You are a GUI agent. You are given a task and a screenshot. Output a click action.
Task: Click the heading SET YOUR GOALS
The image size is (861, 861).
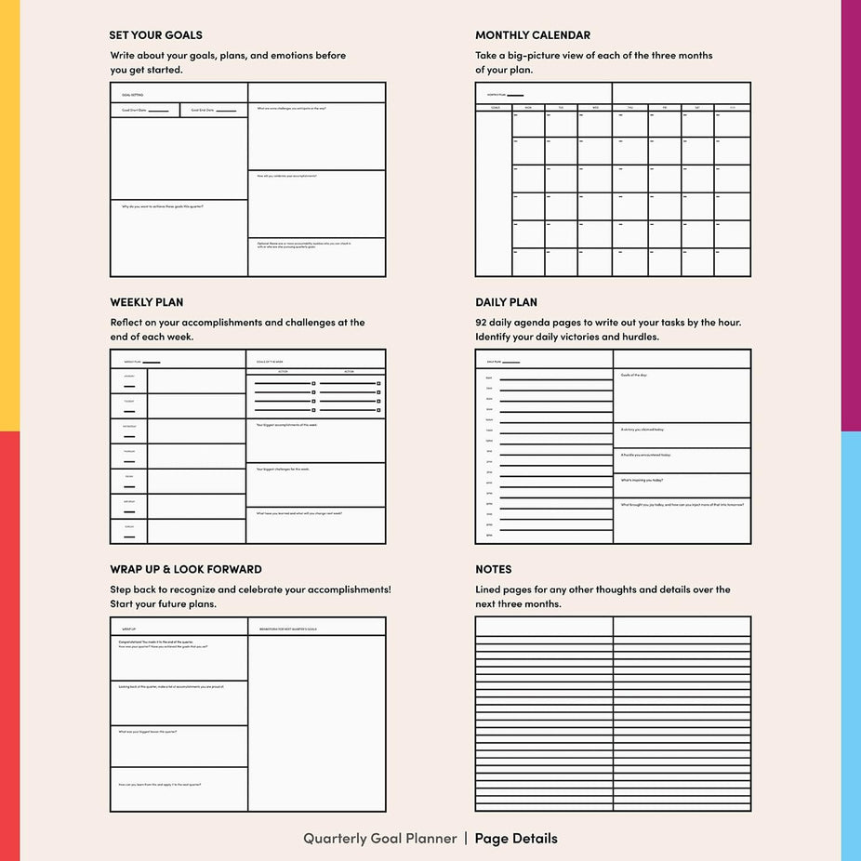(155, 35)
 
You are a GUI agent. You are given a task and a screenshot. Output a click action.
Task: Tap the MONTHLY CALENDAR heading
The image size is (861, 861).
(533, 35)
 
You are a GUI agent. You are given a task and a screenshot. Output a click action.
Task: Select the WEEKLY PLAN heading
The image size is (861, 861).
(147, 302)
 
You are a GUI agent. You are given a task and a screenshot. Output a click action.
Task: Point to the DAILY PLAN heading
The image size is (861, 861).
(506, 302)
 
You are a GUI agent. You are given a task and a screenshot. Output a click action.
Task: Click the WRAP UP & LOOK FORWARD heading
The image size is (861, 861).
(186, 569)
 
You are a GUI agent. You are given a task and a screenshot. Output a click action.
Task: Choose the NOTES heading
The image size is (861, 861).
(494, 569)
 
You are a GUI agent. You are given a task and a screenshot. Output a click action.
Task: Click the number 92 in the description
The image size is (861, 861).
(482, 323)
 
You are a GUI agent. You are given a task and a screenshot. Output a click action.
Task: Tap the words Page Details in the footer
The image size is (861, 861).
(516, 838)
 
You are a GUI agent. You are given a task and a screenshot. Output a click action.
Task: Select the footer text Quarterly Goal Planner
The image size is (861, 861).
(380, 838)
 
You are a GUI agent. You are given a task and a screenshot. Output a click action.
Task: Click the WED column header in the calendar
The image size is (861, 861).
(595, 108)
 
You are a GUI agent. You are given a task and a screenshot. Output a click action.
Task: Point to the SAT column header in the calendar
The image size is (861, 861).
(697, 108)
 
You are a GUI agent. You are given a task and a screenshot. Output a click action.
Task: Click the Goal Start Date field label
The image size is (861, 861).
(135, 110)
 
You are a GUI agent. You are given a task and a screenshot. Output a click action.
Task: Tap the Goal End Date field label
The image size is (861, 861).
(203, 110)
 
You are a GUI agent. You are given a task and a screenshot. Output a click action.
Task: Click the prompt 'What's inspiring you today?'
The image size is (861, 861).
(642, 480)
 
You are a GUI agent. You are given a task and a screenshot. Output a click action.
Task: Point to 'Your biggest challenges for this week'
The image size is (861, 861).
(284, 469)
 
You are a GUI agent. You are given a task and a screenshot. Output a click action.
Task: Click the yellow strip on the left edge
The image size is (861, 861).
(9, 214)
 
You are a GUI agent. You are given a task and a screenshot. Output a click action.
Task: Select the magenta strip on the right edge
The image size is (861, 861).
(851, 214)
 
